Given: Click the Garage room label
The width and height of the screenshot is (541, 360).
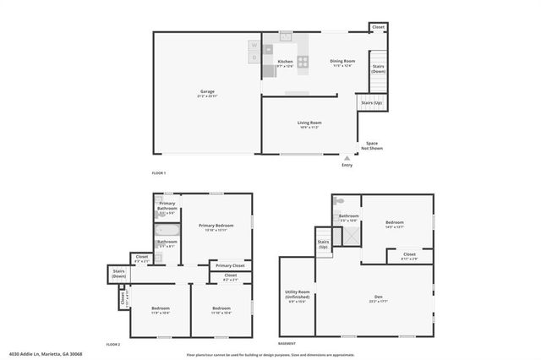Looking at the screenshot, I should point(207,91).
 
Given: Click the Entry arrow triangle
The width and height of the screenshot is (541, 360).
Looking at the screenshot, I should point(347,157).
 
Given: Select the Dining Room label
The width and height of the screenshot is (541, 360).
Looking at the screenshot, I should point(342,61).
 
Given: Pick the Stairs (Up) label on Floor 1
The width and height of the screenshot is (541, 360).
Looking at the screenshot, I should point(371,103).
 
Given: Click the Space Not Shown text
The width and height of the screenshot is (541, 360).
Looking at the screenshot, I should point(372,145).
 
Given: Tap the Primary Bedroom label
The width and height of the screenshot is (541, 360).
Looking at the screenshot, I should point(216,226).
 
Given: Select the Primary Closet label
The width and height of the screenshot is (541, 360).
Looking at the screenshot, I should point(230,265).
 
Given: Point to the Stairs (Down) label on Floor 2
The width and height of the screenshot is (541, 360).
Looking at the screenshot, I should point(118,275).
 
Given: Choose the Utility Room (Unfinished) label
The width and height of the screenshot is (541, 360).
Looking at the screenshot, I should point(297,297).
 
